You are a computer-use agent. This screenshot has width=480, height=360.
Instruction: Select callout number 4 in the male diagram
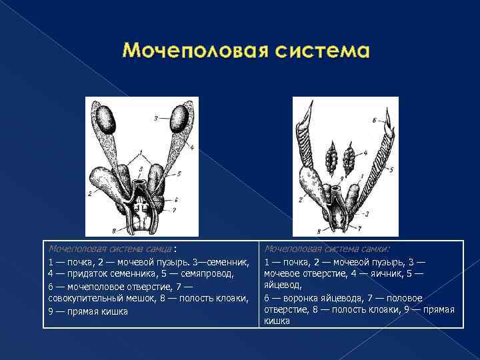[x=191, y=147]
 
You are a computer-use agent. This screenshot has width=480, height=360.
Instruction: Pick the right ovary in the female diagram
[x=348, y=157]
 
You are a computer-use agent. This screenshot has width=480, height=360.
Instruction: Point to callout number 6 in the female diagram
[x=375, y=119]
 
